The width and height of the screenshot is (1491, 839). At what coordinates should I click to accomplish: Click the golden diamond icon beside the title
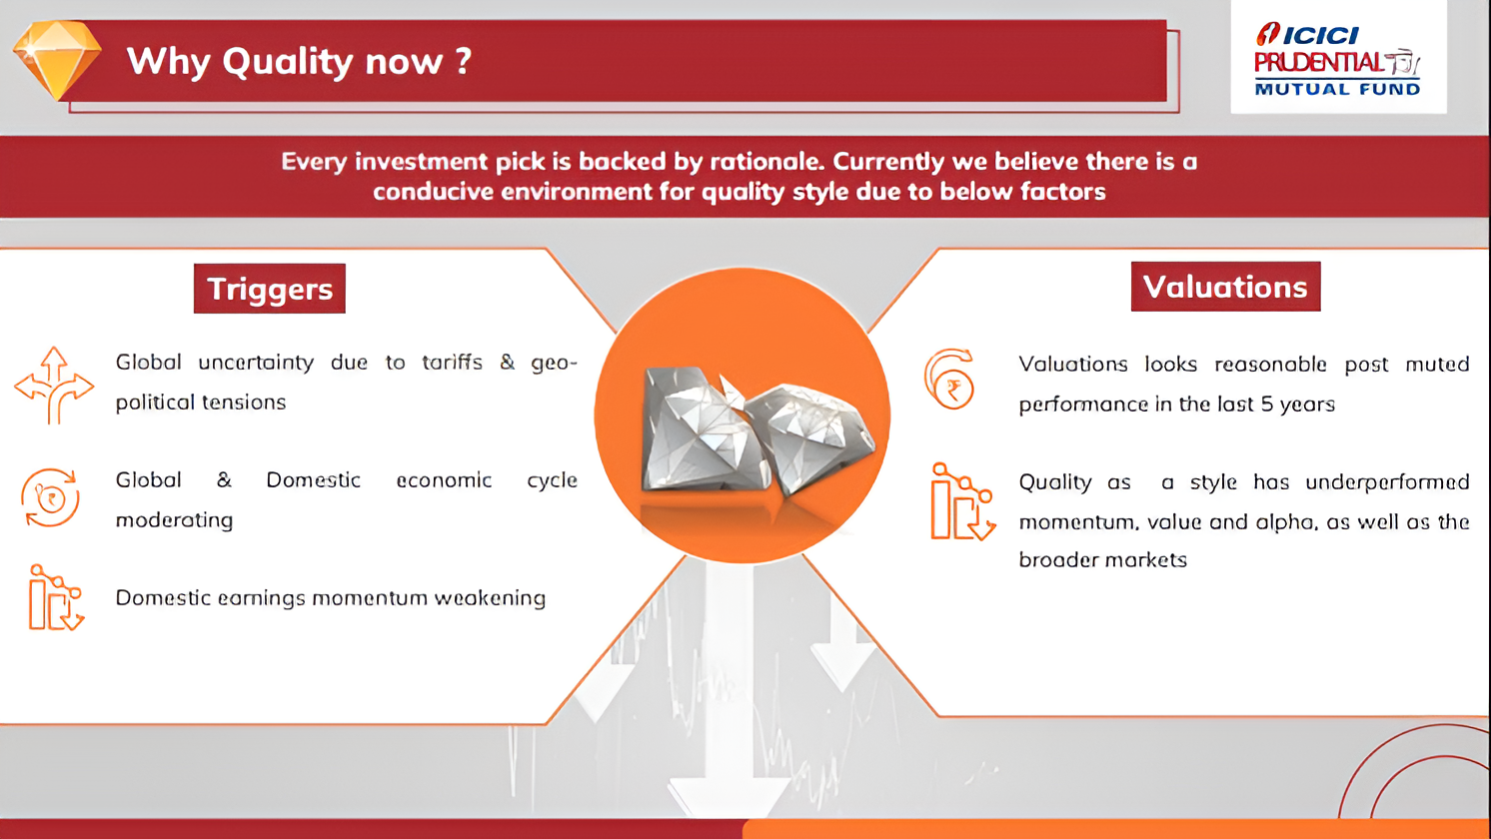coord(57,60)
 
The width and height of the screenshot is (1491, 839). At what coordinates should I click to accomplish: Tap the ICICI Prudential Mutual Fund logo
coord(1338,59)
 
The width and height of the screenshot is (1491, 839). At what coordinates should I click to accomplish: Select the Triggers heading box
coord(270,288)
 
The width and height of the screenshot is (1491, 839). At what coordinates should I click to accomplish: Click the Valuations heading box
coord(1225,286)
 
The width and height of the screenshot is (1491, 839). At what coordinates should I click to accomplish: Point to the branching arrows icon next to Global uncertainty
coord(54,385)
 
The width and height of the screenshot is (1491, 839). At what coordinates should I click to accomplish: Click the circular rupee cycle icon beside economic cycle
coord(50,497)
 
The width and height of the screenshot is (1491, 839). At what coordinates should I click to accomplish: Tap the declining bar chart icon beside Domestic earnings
coord(56,597)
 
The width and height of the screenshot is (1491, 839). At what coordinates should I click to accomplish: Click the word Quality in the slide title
coord(288,62)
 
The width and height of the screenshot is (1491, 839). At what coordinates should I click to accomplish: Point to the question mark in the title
coord(464,60)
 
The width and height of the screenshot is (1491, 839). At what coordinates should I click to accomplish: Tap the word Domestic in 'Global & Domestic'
coord(314,479)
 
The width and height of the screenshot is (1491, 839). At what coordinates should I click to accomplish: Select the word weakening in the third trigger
coord(490,598)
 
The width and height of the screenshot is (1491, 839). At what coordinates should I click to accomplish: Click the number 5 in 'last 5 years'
coord(1267,404)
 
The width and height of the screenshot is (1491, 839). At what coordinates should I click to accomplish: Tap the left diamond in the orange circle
coord(706,429)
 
